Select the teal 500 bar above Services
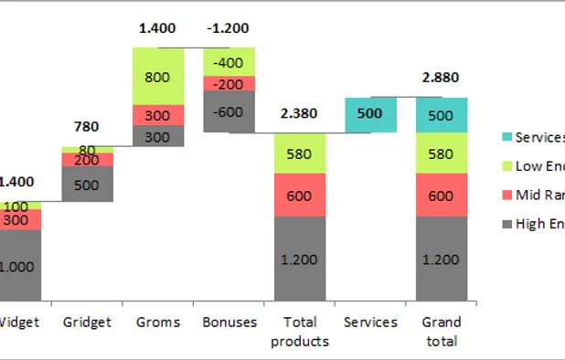tap(370, 114)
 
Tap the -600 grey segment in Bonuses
tap(229, 111)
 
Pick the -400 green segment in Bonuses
tap(229, 61)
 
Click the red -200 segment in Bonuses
tap(229, 83)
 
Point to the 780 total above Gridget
tap(86, 126)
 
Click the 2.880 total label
tap(442, 79)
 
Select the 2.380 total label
tap(300, 113)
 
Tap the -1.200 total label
tap(229, 28)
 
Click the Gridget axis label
tap(87, 322)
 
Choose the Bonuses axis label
tap(229, 322)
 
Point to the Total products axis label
tap(300, 332)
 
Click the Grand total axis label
tap(442, 332)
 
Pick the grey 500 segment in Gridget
tap(87, 184)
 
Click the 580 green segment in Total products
tap(300, 153)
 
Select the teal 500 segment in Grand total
tap(442, 114)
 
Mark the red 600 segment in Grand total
tap(442, 195)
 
